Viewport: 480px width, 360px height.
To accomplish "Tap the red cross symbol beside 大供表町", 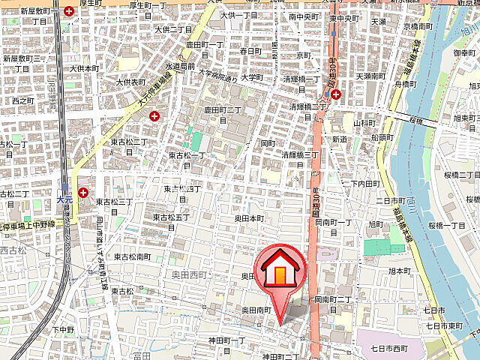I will [155, 116].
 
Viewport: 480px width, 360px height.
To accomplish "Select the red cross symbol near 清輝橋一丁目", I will [336, 95].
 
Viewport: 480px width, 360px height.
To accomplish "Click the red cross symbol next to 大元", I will [82, 193].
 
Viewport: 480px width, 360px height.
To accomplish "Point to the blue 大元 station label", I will [64, 199].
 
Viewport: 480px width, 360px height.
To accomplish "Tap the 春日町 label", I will [249, 51].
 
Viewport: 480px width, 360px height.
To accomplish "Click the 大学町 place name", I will [252, 77].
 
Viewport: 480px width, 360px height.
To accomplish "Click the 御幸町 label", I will [464, 53].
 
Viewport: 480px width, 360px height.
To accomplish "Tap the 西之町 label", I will [23, 100].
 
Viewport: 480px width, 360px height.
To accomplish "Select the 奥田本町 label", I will [249, 217].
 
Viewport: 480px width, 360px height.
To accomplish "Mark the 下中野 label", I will [64, 329].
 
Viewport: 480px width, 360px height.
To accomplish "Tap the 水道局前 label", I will [180, 66].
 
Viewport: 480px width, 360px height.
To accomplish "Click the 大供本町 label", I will [84, 68].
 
